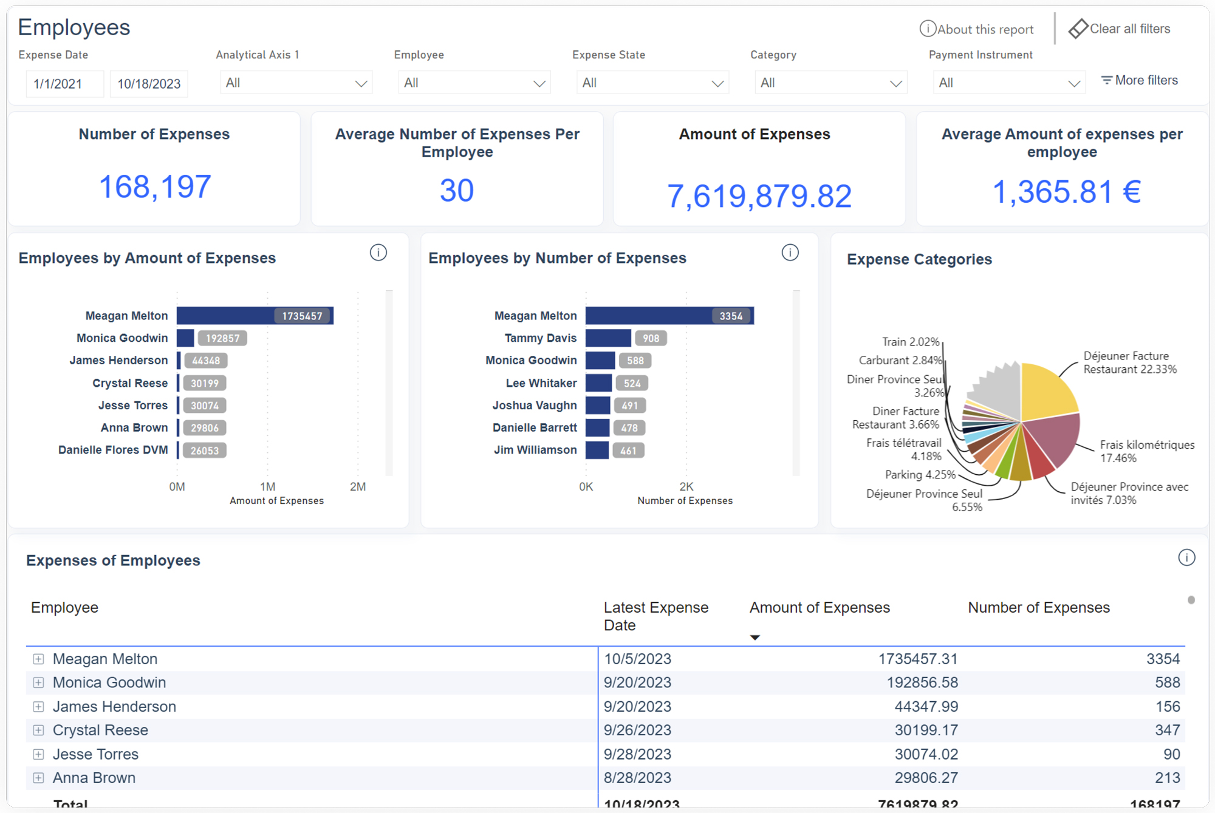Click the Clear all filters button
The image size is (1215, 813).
(x=1120, y=29)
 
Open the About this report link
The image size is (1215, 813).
(x=977, y=29)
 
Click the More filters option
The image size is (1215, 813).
(x=1140, y=80)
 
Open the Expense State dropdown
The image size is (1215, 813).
(x=652, y=83)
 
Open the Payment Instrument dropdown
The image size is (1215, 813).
(x=1008, y=83)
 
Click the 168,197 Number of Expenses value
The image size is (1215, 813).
(x=154, y=186)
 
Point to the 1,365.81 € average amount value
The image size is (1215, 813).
(x=1066, y=192)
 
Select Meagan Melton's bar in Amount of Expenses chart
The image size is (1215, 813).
(x=225, y=316)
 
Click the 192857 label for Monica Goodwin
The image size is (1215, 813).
(x=222, y=338)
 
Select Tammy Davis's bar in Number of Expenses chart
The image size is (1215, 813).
(x=608, y=338)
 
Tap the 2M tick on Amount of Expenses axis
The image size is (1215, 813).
(x=358, y=486)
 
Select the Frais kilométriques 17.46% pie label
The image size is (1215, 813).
(x=1146, y=451)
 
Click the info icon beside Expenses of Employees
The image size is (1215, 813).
(x=1186, y=557)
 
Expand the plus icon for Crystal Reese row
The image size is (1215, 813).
(x=38, y=730)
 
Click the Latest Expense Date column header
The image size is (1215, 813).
(x=656, y=616)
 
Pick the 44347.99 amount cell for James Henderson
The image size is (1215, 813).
(x=926, y=706)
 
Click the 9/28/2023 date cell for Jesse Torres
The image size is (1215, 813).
(x=637, y=754)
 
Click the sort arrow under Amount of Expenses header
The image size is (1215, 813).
(x=755, y=637)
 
